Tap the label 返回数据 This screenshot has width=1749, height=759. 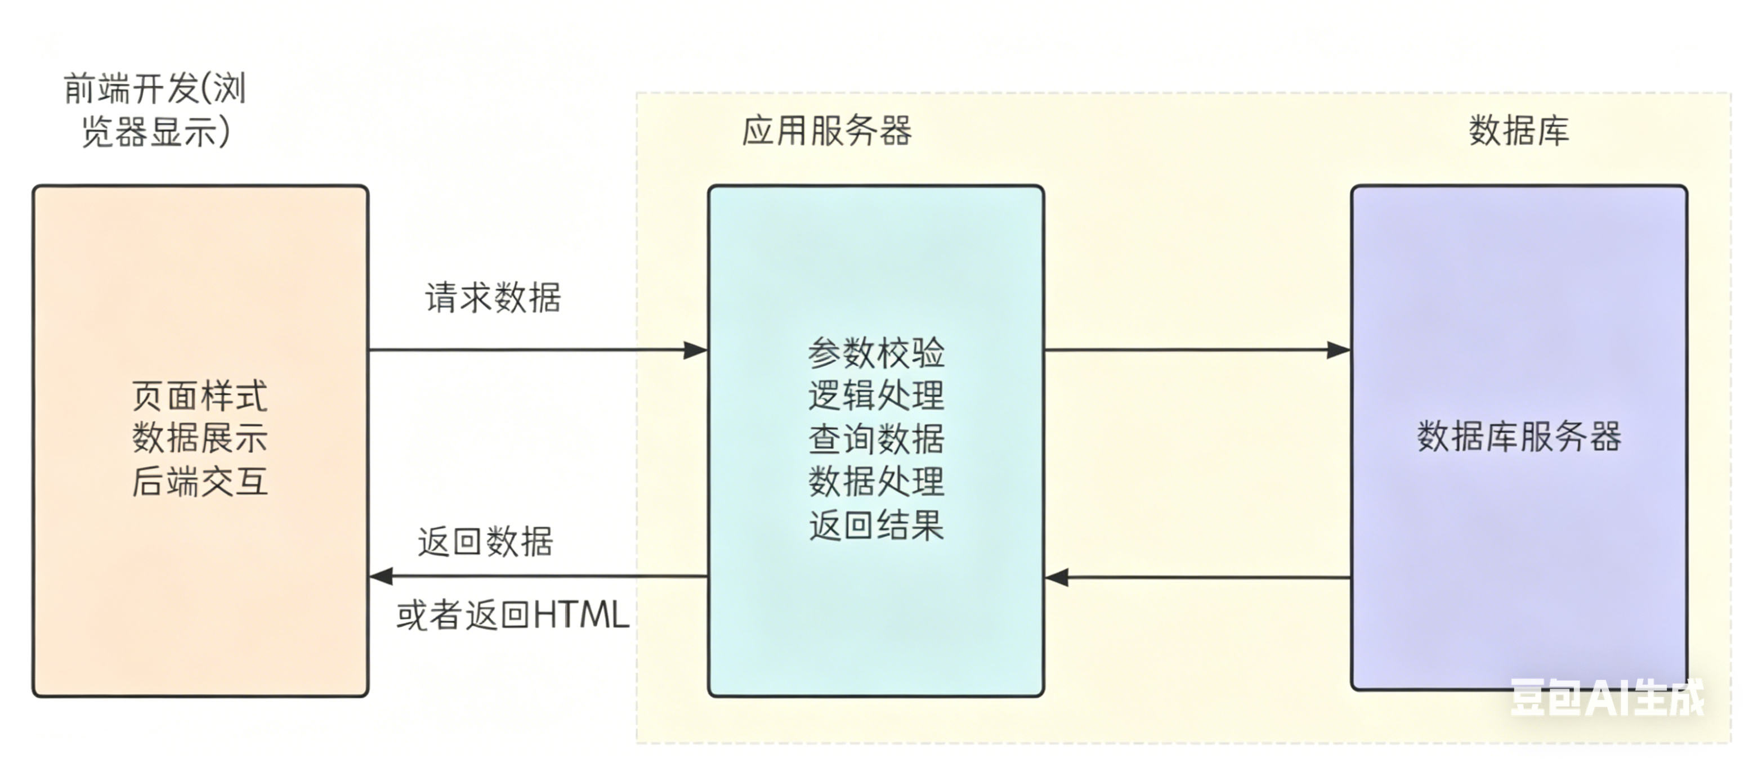(485, 542)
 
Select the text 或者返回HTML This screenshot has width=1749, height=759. (513, 616)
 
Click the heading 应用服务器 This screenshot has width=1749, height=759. (826, 131)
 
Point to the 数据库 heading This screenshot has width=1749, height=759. (1519, 131)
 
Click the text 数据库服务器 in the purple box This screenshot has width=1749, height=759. (1519, 437)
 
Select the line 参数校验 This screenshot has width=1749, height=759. (876, 353)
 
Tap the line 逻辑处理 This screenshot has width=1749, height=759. (876, 396)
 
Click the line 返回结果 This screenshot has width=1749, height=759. (876, 526)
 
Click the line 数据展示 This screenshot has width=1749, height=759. (200, 438)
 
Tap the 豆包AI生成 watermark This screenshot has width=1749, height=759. (1607, 698)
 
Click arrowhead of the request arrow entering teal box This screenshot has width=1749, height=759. (695, 351)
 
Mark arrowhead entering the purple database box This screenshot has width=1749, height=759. (1338, 351)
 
